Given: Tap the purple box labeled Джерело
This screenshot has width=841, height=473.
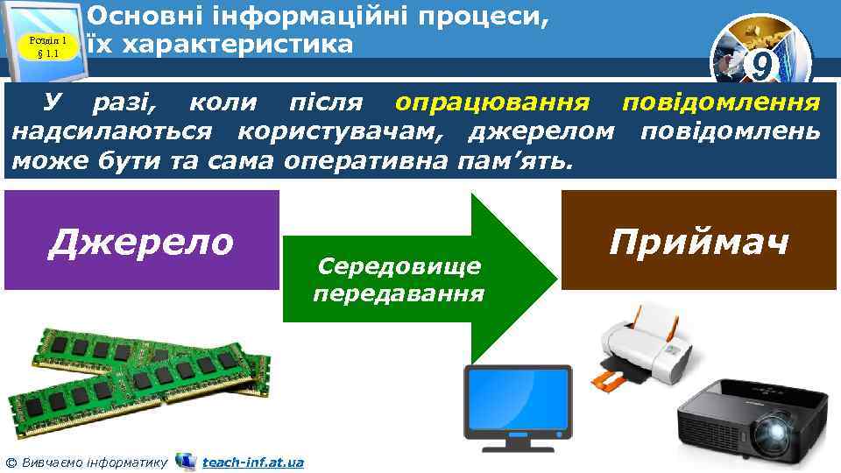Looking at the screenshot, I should click(x=141, y=240).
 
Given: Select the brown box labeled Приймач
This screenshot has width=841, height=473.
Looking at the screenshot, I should click(x=699, y=240).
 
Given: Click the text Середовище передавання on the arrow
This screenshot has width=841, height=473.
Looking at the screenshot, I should click(x=399, y=279).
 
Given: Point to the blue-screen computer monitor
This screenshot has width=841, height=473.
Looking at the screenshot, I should click(x=518, y=399).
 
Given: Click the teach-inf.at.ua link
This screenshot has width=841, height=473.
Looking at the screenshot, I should click(x=252, y=462).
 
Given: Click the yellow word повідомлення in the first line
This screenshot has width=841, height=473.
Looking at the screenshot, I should click(x=721, y=104).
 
